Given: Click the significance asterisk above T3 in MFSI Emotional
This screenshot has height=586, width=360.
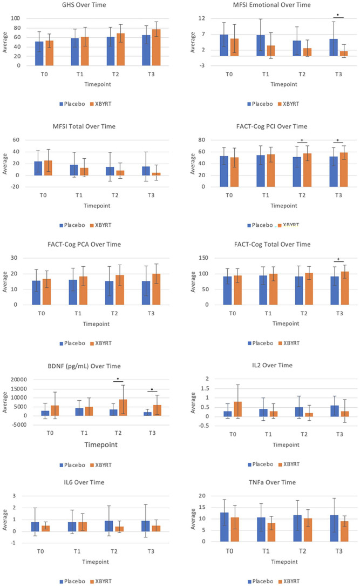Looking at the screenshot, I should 338,15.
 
